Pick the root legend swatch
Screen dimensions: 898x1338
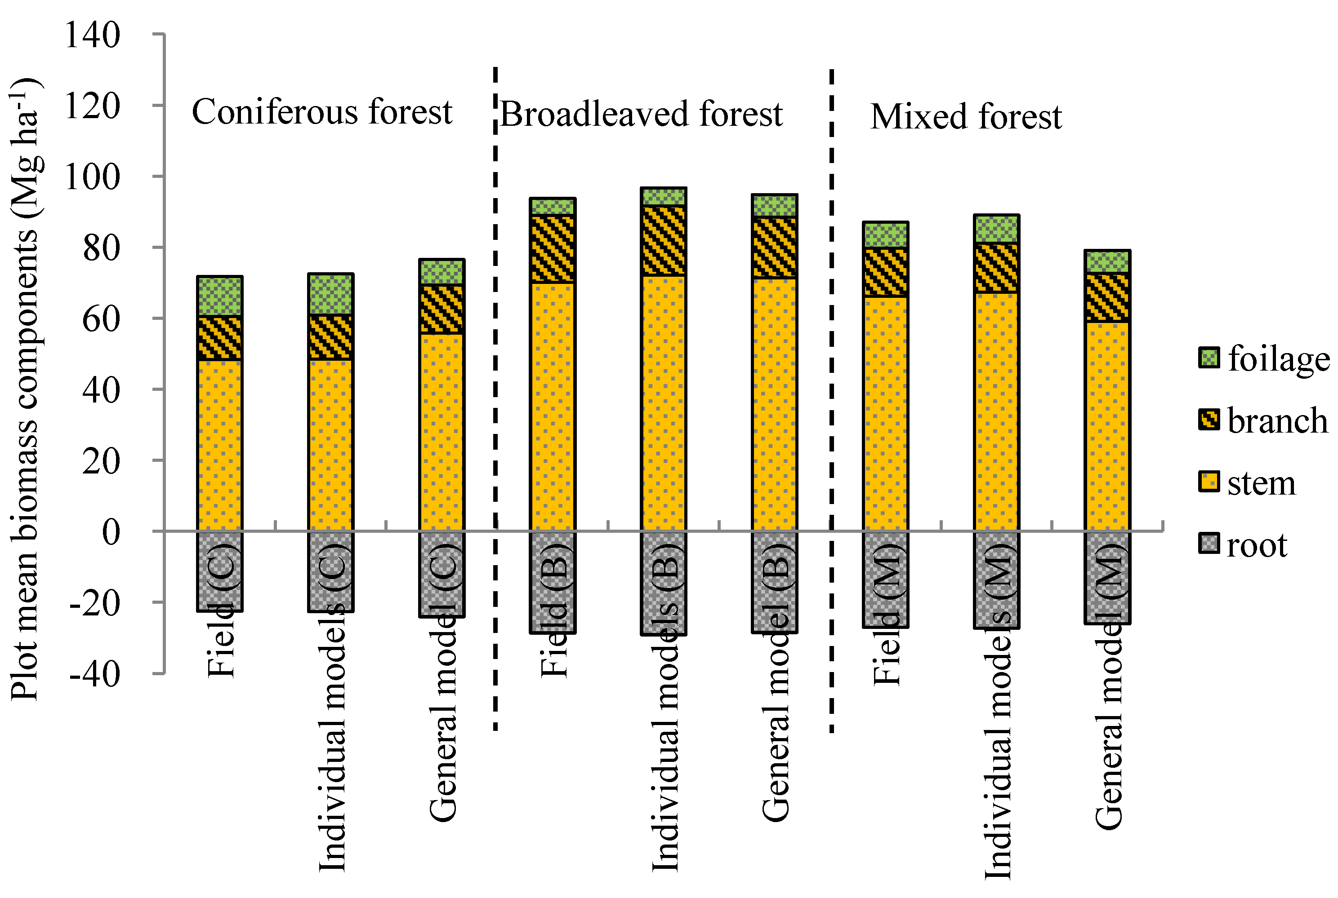click(1209, 543)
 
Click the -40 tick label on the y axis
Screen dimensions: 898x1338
click(94, 674)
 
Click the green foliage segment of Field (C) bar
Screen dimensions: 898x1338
click(219, 296)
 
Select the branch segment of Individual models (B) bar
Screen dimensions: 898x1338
click(664, 240)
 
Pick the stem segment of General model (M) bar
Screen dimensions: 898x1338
click(1107, 427)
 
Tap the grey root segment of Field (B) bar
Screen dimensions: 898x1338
click(553, 582)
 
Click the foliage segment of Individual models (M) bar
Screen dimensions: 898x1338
click(996, 229)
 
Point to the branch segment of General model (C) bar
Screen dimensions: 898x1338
click(442, 309)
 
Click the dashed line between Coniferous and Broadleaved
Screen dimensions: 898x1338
click(495, 401)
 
